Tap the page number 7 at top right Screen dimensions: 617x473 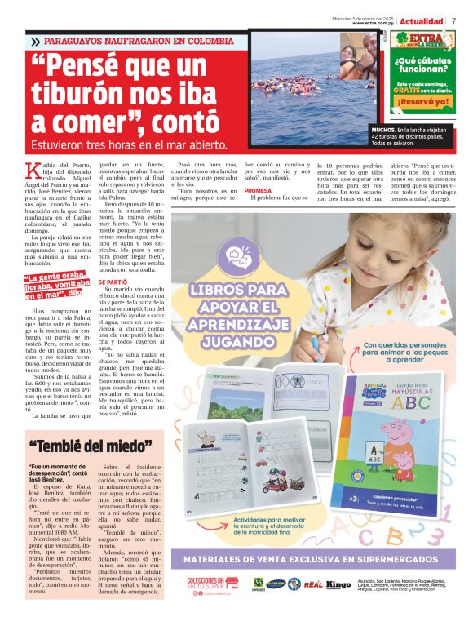[x=453, y=20]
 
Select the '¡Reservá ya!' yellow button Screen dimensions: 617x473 [x=422, y=102]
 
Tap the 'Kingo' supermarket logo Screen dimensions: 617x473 [x=338, y=584]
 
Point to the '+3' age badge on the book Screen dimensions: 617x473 [x=352, y=497]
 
